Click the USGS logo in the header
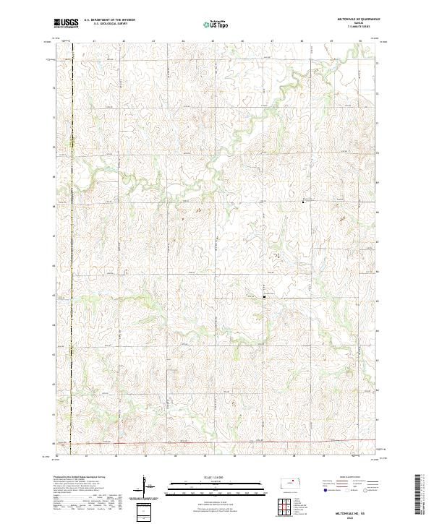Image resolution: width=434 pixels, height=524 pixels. [x=66, y=23]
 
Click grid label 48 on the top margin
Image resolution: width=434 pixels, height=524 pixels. [x=302, y=41]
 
